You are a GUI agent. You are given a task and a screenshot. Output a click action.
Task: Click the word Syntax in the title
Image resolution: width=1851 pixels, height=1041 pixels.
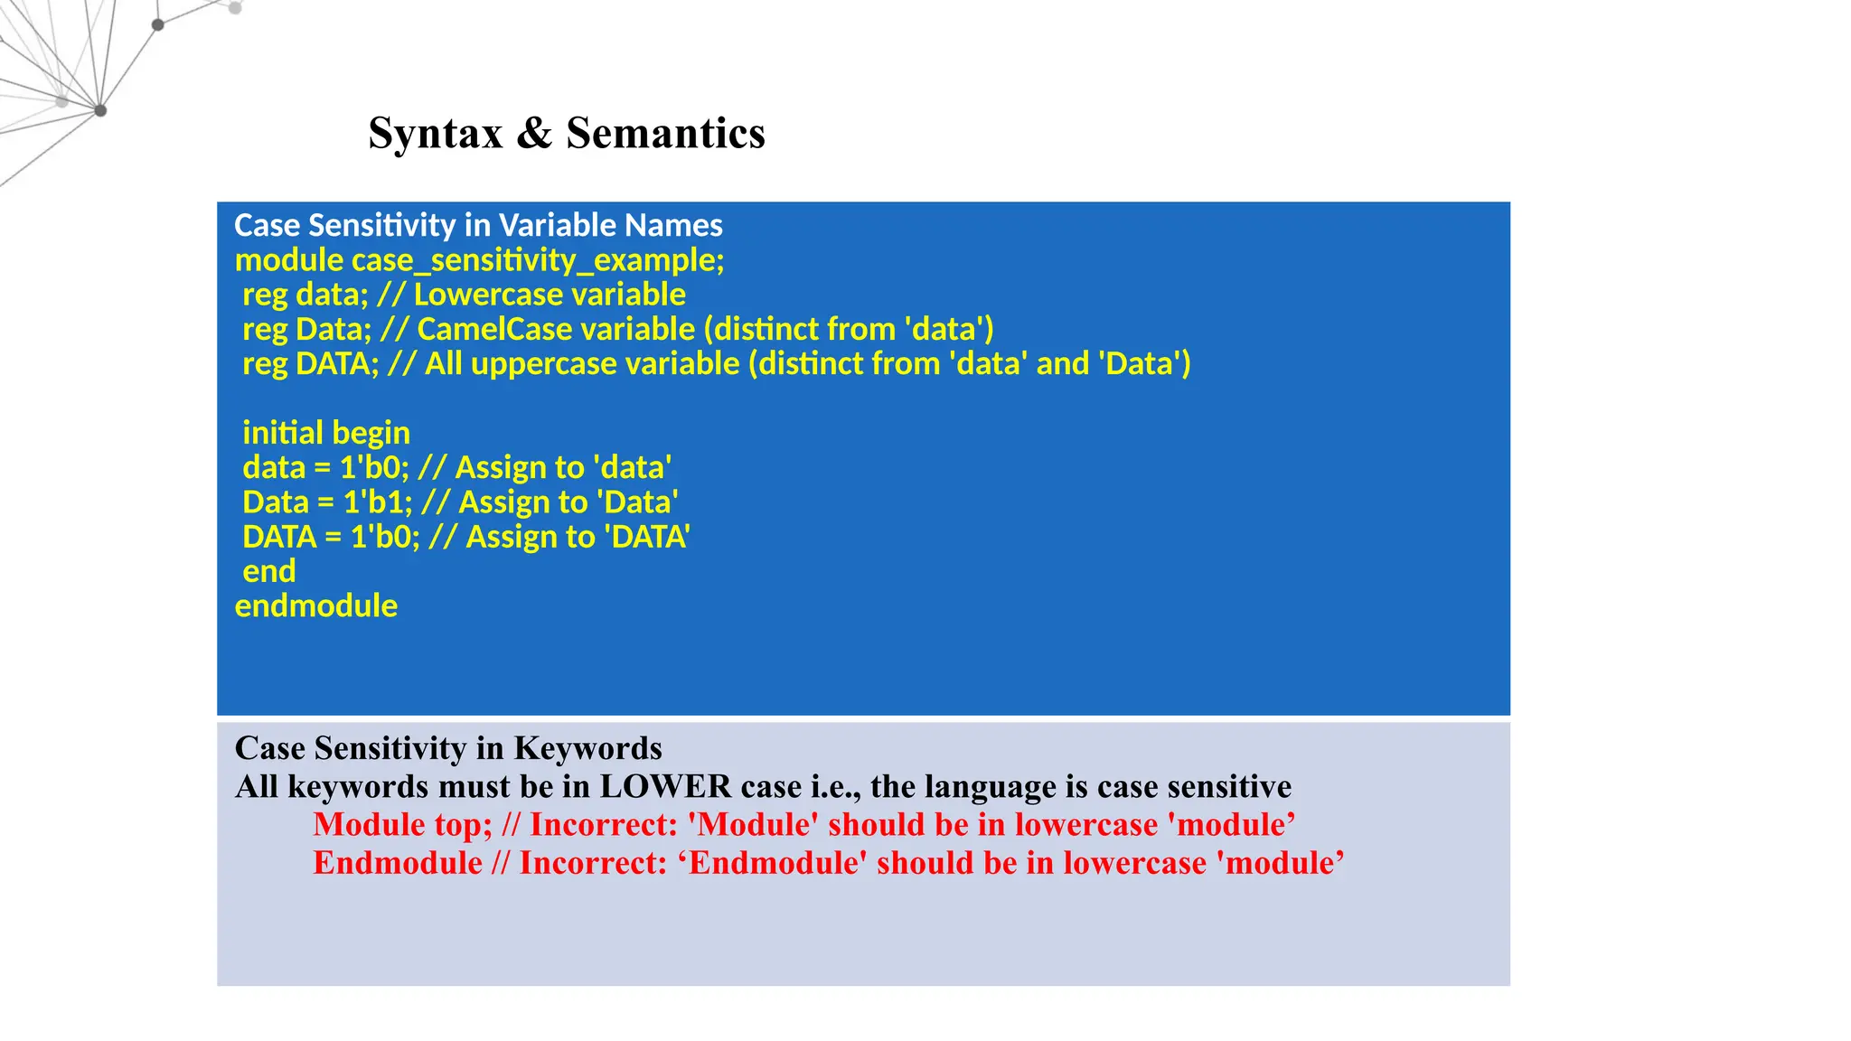pyautogui.click(x=435, y=134)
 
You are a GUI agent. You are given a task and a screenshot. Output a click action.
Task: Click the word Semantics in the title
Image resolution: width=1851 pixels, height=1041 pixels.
pyautogui.click(x=665, y=134)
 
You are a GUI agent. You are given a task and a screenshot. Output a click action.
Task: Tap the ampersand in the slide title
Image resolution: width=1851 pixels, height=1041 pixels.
pyautogui.click(x=534, y=134)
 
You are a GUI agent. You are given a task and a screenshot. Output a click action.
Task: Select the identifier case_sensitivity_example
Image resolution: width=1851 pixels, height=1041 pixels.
pyautogui.click(x=537, y=260)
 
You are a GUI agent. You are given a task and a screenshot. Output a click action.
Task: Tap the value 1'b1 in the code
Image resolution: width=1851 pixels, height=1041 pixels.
pyautogui.click(x=376, y=502)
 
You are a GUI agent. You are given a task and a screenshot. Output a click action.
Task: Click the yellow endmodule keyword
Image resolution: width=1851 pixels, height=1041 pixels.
pyautogui.click(x=315, y=605)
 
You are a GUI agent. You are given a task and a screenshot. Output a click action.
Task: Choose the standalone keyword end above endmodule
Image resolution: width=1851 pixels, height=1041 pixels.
pyautogui.click(x=268, y=571)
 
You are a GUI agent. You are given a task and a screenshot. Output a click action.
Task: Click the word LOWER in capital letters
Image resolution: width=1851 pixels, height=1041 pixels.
pyautogui.click(x=665, y=786)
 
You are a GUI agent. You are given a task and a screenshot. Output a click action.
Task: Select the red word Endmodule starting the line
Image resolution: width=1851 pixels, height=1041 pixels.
pyautogui.click(x=397, y=863)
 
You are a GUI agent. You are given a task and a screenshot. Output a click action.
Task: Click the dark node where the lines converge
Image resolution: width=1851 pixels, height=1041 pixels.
pyautogui.click(x=100, y=110)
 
